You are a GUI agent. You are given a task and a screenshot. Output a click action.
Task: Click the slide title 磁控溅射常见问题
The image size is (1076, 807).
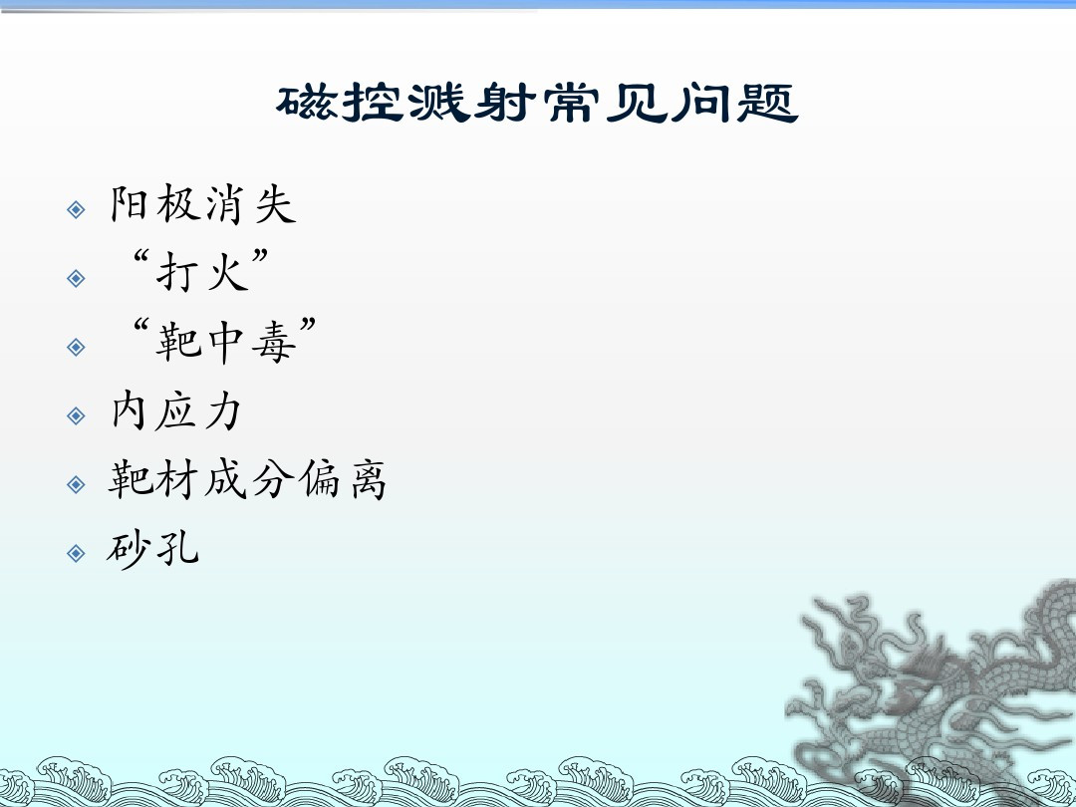coord(537,104)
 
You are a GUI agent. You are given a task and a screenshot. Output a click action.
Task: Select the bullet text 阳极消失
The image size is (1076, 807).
coord(204,204)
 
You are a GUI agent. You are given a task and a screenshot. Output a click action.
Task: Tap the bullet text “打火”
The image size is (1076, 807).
coord(200,271)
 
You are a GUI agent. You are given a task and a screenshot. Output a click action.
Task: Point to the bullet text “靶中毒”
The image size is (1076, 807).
coord(224,341)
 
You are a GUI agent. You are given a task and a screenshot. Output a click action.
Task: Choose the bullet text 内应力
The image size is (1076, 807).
coord(176,410)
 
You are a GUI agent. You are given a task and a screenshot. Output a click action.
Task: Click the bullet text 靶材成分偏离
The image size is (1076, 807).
coord(248,479)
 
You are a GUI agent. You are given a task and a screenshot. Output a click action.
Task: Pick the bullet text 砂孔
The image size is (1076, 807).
coord(153,548)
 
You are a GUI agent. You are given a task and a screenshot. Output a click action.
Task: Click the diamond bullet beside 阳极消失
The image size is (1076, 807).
coord(76,209)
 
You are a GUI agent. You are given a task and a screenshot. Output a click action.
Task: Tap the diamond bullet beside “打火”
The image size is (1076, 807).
coord(76,278)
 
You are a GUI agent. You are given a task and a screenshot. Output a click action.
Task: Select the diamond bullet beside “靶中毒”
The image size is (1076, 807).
coord(76,347)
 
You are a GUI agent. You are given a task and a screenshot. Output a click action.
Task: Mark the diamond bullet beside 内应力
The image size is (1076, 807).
coord(76,415)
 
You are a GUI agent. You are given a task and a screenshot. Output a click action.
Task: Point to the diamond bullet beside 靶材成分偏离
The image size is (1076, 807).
coord(76,484)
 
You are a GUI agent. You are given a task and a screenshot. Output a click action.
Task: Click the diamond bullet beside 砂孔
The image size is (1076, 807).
coord(76,553)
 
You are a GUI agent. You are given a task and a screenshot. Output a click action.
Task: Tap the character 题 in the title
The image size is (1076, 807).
coord(768,104)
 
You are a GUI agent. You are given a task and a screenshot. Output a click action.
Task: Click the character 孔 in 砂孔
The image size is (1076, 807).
coord(177,548)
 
